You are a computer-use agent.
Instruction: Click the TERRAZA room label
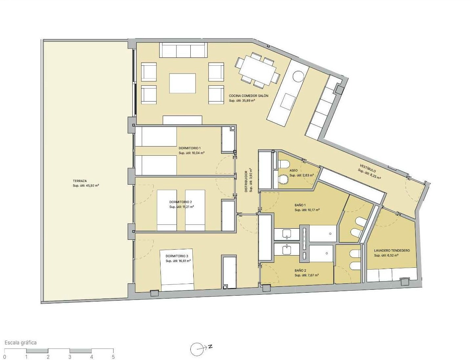80,181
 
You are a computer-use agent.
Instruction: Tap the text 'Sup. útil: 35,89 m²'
242,100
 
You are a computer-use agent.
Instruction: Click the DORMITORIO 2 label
181,202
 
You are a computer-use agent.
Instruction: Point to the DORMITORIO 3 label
177,256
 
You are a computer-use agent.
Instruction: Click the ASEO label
293,170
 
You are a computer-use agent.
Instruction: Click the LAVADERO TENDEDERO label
392,251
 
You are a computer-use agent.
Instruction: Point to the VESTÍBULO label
368,168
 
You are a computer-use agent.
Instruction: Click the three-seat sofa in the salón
183,50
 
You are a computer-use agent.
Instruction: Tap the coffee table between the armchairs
182,83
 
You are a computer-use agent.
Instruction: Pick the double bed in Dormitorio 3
177,270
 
